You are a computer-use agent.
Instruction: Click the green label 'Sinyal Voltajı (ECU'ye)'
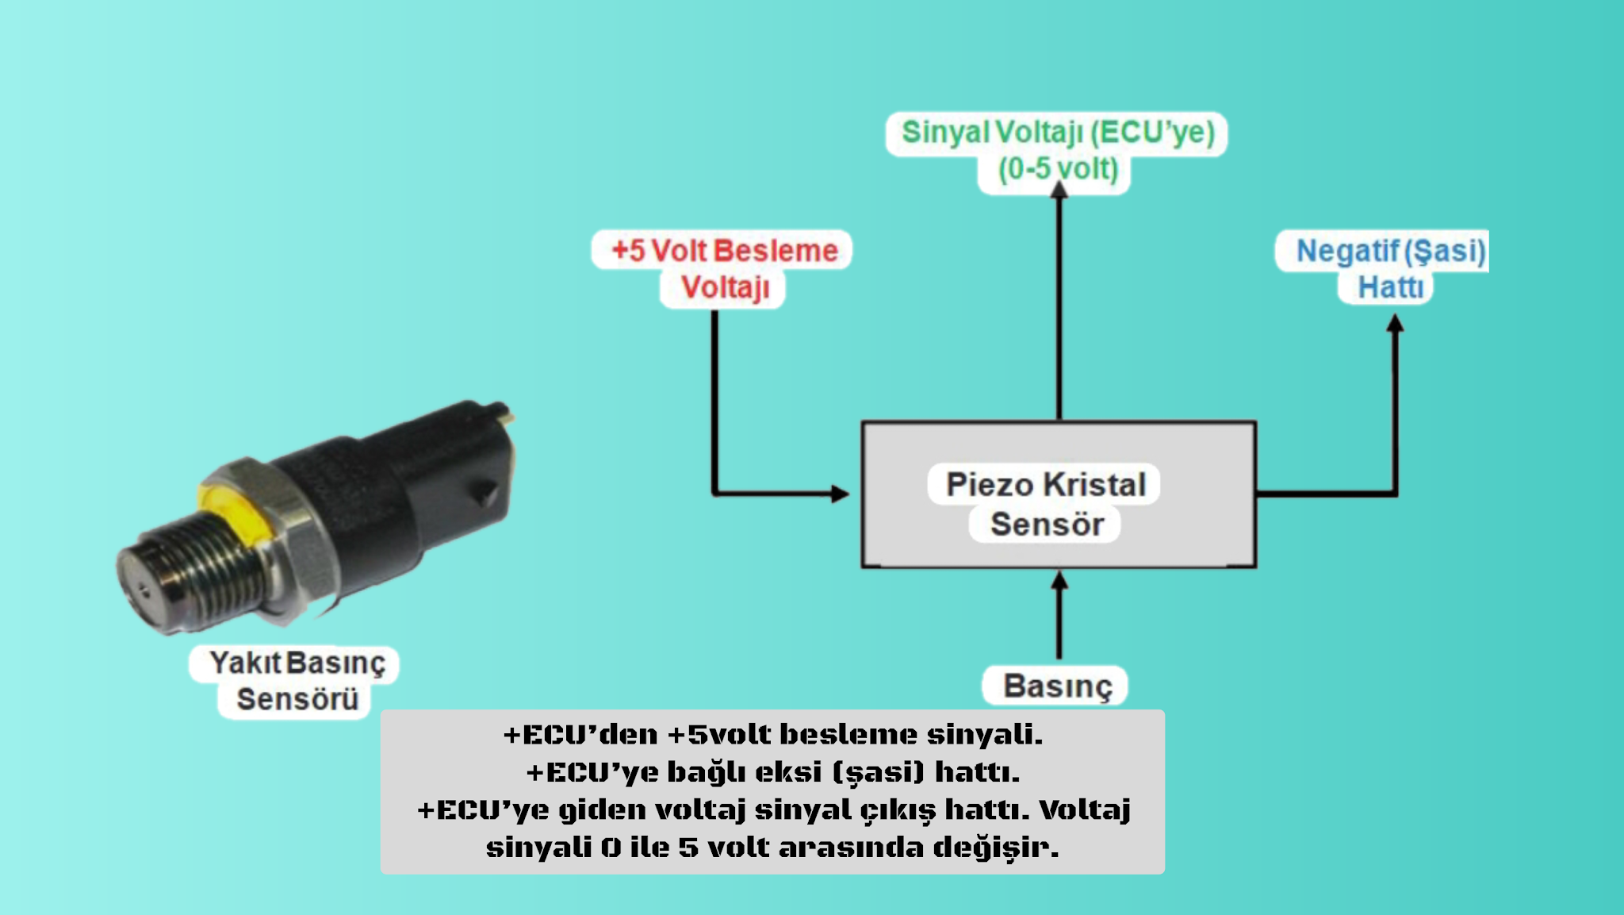[x=1057, y=133]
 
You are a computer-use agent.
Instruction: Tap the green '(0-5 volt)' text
[x=1057, y=169]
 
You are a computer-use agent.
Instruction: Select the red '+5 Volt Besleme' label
[x=724, y=251]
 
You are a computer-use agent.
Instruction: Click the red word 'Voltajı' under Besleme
[x=725, y=287]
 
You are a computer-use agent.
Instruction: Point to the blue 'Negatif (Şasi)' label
[x=1390, y=251]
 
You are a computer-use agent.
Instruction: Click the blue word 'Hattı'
[x=1390, y=287]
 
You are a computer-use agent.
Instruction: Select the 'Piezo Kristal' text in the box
[x=1046, y=484]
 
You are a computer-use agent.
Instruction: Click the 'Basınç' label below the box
[x=1058, y=686]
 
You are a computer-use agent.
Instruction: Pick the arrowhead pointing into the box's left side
[x=841, y=494]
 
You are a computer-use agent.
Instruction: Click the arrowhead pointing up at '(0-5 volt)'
[x=1059, y=190]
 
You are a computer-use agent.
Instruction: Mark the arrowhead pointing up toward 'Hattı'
[x=1396, y=323]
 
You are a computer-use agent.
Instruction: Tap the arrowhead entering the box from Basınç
[x=1059, y=581]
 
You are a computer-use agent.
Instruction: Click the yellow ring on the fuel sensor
[x=226, y=512]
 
